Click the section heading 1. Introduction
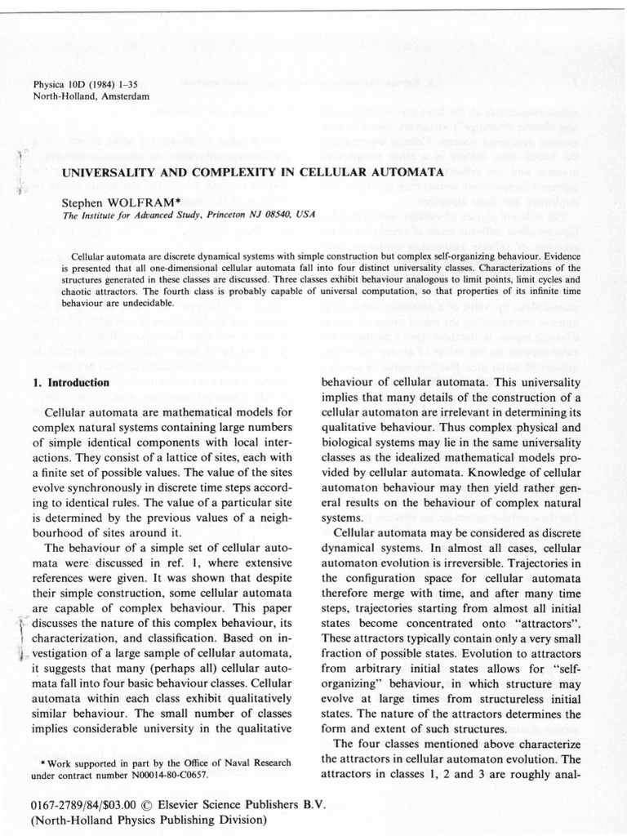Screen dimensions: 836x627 tap(71, 382)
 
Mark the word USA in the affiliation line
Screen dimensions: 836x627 tap(304, 215)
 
